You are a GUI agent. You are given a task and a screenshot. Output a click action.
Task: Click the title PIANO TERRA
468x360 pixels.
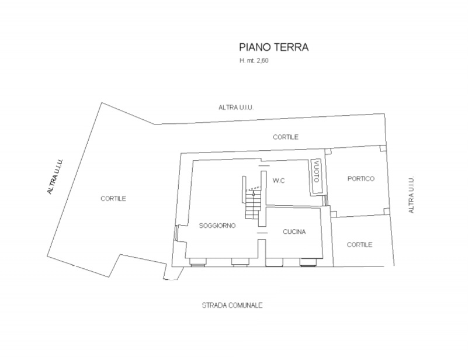coord(273,47)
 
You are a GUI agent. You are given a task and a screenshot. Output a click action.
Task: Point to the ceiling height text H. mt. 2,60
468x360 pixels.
coord(254,61)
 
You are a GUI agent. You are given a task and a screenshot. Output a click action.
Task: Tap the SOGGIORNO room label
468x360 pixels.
coord(217,226)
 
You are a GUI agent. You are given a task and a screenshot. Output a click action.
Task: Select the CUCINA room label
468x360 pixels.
coord(294,231)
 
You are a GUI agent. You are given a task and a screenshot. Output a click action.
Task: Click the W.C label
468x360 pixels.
coord(279,181)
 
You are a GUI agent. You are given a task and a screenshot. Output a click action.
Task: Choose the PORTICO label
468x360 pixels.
coord(361,178)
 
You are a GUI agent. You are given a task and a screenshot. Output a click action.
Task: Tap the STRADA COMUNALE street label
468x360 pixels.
coord(233,306)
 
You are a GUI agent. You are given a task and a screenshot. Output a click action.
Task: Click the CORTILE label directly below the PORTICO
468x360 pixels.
coord(360,245)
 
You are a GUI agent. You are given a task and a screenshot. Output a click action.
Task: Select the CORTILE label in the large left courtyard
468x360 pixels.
coord(113,199)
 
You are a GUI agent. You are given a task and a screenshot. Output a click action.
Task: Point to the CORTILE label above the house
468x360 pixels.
coord(286,137)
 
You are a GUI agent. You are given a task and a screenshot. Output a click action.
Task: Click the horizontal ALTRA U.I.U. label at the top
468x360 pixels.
coord(236,108)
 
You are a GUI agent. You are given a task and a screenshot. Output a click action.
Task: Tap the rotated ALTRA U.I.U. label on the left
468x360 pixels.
coord(56,176)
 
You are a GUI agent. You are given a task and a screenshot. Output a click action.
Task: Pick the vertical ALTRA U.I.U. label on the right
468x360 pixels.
coord(411,195)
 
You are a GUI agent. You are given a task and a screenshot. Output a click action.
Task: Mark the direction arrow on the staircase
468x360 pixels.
coord(254,193)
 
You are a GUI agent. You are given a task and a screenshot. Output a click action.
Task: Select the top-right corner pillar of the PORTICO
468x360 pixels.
coord(383,148)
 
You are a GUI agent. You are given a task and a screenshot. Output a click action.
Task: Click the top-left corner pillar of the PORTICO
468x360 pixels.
coord(328,151)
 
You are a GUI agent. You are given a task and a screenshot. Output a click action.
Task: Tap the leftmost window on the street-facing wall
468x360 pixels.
coord(198,262)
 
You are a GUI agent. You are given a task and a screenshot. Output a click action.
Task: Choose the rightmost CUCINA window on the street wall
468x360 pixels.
coord(308,262)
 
